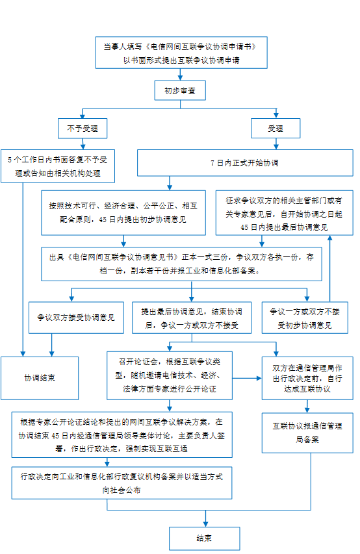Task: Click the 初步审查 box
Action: [x=180, y=90]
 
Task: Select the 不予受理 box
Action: [x=83, y=128]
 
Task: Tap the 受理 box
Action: [x=276, y=128]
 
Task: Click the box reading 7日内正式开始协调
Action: [x=245, y=163]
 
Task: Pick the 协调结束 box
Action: [x=40, y=378]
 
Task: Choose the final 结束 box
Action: [x=205, y=538]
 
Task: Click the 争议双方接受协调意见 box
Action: [x=76, y=318]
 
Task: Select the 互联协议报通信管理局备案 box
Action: [x=307, y=433]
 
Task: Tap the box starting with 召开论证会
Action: [x=170, y=375]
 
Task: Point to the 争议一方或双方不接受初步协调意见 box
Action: [x=305, y=318]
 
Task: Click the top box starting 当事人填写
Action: [x=181, y=53]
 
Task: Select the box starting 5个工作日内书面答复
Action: [x=58, y=166]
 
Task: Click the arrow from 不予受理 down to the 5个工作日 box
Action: [x=83, y=144]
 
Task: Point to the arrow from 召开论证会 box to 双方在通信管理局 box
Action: [x=247, y=378]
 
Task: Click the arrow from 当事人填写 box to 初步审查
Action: [x=180, y=75]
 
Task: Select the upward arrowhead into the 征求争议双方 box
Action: [x=330, y=238]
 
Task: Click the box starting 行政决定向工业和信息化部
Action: [x=122, y=483]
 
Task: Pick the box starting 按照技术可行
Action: [x=123, y=212]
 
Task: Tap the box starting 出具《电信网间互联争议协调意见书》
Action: [x=181, y=264]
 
